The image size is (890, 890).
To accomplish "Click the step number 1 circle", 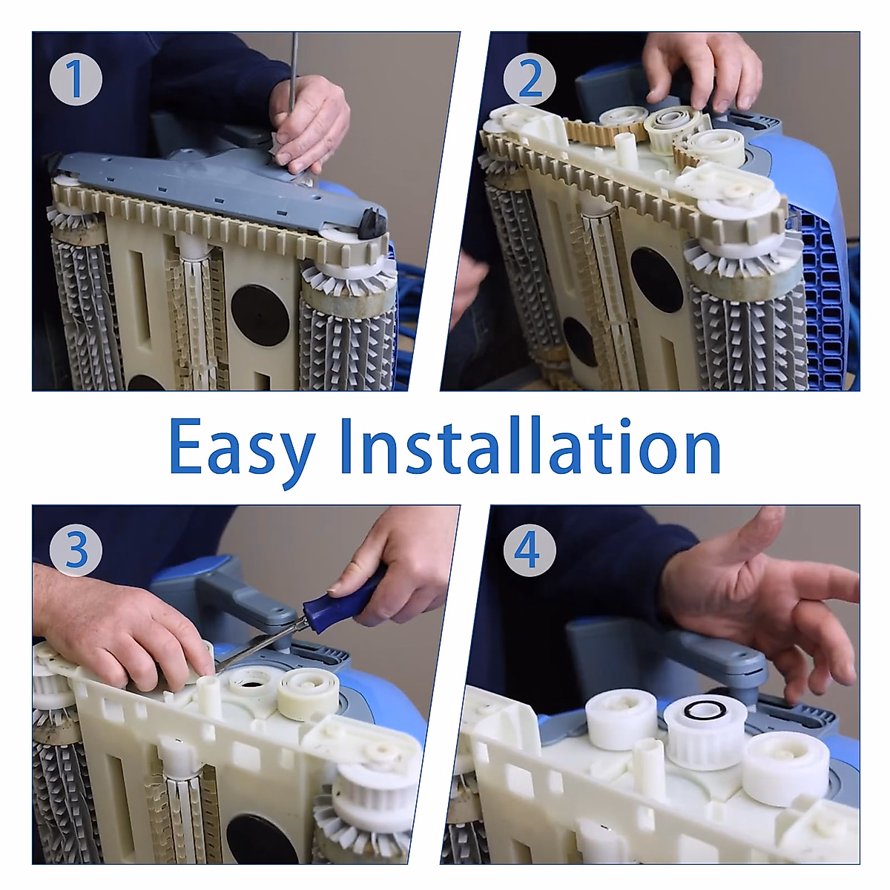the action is click(76, 79).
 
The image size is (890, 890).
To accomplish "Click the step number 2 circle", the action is click(530, 79).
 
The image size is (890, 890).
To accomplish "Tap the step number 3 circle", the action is click(76, 550).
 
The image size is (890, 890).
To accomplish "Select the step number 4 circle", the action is click(530, 550).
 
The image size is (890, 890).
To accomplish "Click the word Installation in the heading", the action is click(531, 446).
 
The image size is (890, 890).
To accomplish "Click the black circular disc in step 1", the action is click(260, 315).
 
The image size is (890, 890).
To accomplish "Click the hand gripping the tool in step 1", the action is click(309, 122).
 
